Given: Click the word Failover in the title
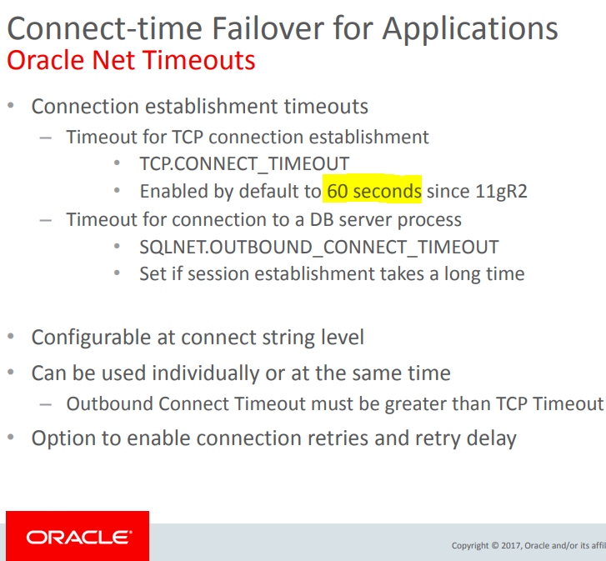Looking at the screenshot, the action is coord(268,28).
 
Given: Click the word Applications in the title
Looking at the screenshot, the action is coord(470,30).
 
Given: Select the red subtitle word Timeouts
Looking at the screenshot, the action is coord(199,60).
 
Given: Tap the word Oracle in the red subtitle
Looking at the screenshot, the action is coord(46,60).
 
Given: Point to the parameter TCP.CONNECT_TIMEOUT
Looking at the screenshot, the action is coord(244,164).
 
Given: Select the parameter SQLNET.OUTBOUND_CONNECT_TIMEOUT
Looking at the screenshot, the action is coord(319,247).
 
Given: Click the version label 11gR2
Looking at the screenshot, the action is coord(501,192).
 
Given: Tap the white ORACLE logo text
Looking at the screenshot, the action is coord(79,538).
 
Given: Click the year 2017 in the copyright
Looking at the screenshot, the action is coord(511,545).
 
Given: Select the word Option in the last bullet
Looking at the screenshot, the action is coord(63,439).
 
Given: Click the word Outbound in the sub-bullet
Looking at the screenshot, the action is coord(109,403).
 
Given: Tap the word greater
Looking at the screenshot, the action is coord(415,404).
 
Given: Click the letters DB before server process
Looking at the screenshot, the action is coord(322,220).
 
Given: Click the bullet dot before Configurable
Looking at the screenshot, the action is coord(11,337).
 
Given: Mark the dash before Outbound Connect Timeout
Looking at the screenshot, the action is coord(46,405).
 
